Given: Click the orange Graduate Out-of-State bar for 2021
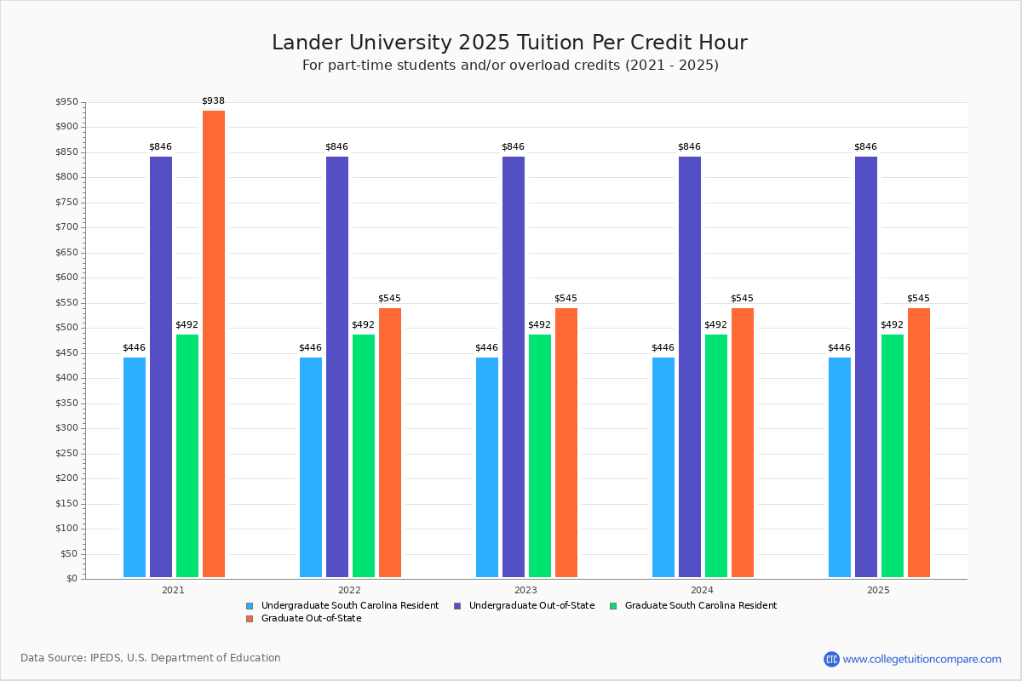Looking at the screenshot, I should pos(214,344).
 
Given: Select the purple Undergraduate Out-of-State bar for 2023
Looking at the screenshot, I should pos(514,367).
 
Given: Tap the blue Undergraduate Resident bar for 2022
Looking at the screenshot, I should pos(311,467).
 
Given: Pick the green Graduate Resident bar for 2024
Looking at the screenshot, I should pos(716,455).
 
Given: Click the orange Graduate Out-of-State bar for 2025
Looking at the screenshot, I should pos(919,443).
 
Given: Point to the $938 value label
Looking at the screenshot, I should pos(214,101).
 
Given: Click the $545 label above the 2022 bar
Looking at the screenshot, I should pos(389,299).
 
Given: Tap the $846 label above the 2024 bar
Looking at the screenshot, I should pos(689,147).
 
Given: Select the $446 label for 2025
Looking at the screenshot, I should pos(839,348).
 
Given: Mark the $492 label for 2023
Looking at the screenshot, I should pos(539,325).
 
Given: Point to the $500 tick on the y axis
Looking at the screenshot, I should pos(66,328).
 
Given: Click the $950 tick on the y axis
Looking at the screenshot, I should pos(66,103).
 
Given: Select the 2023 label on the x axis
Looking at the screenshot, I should pos(525,590).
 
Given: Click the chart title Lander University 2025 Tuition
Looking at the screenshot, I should pos(509,43).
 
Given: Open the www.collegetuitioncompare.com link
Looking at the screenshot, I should pos(922,659).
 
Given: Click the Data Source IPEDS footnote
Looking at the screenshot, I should pos(151,658).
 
